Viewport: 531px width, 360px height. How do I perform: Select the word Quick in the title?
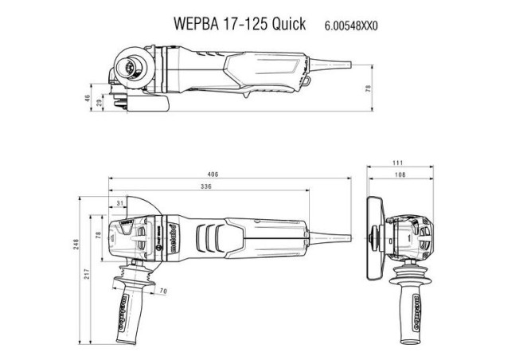(287, 24)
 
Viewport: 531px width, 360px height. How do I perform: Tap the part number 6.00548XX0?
(350, 25)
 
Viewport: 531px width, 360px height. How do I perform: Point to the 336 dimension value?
(205, 188)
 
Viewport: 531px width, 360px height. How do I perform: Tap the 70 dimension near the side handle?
(163, 292)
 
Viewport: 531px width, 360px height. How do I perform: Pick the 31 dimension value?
(119, 204)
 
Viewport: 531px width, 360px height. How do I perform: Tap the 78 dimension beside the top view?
(367, 89)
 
